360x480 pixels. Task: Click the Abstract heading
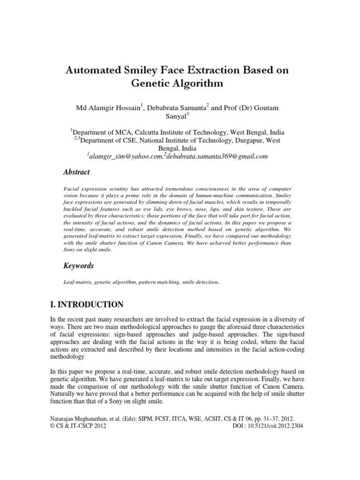76,172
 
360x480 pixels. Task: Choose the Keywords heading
79,266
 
